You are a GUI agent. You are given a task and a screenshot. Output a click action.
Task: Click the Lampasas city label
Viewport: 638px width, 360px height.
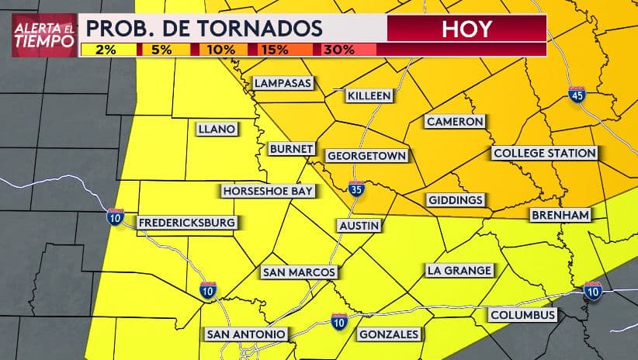pos(283,83)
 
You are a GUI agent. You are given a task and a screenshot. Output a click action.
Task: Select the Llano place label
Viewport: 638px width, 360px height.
pos(216,129)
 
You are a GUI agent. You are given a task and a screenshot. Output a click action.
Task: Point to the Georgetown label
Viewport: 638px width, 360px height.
pos(366,155)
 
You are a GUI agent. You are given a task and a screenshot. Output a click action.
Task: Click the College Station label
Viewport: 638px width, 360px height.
pos(545,153)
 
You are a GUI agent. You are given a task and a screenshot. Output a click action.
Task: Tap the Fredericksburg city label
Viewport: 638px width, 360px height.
pos(186,223)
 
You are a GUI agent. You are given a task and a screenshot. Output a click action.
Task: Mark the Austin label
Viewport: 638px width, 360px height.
pos(359,225)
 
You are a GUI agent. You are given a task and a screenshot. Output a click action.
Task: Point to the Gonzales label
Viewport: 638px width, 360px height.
pos(389,334)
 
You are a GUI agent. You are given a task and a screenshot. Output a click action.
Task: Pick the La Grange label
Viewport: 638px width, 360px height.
pos(459,270)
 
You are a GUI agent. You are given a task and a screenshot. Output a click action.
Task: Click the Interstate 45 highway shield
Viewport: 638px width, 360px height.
pos(576,95)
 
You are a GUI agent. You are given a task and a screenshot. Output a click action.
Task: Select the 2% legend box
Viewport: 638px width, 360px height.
pos(108,50)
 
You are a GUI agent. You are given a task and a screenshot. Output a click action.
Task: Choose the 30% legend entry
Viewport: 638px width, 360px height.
pos(338,50)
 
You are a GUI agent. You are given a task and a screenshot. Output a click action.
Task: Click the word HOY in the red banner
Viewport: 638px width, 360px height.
pos(466,29)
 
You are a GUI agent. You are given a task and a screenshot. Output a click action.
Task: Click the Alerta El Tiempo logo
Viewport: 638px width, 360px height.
pos(44,35)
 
